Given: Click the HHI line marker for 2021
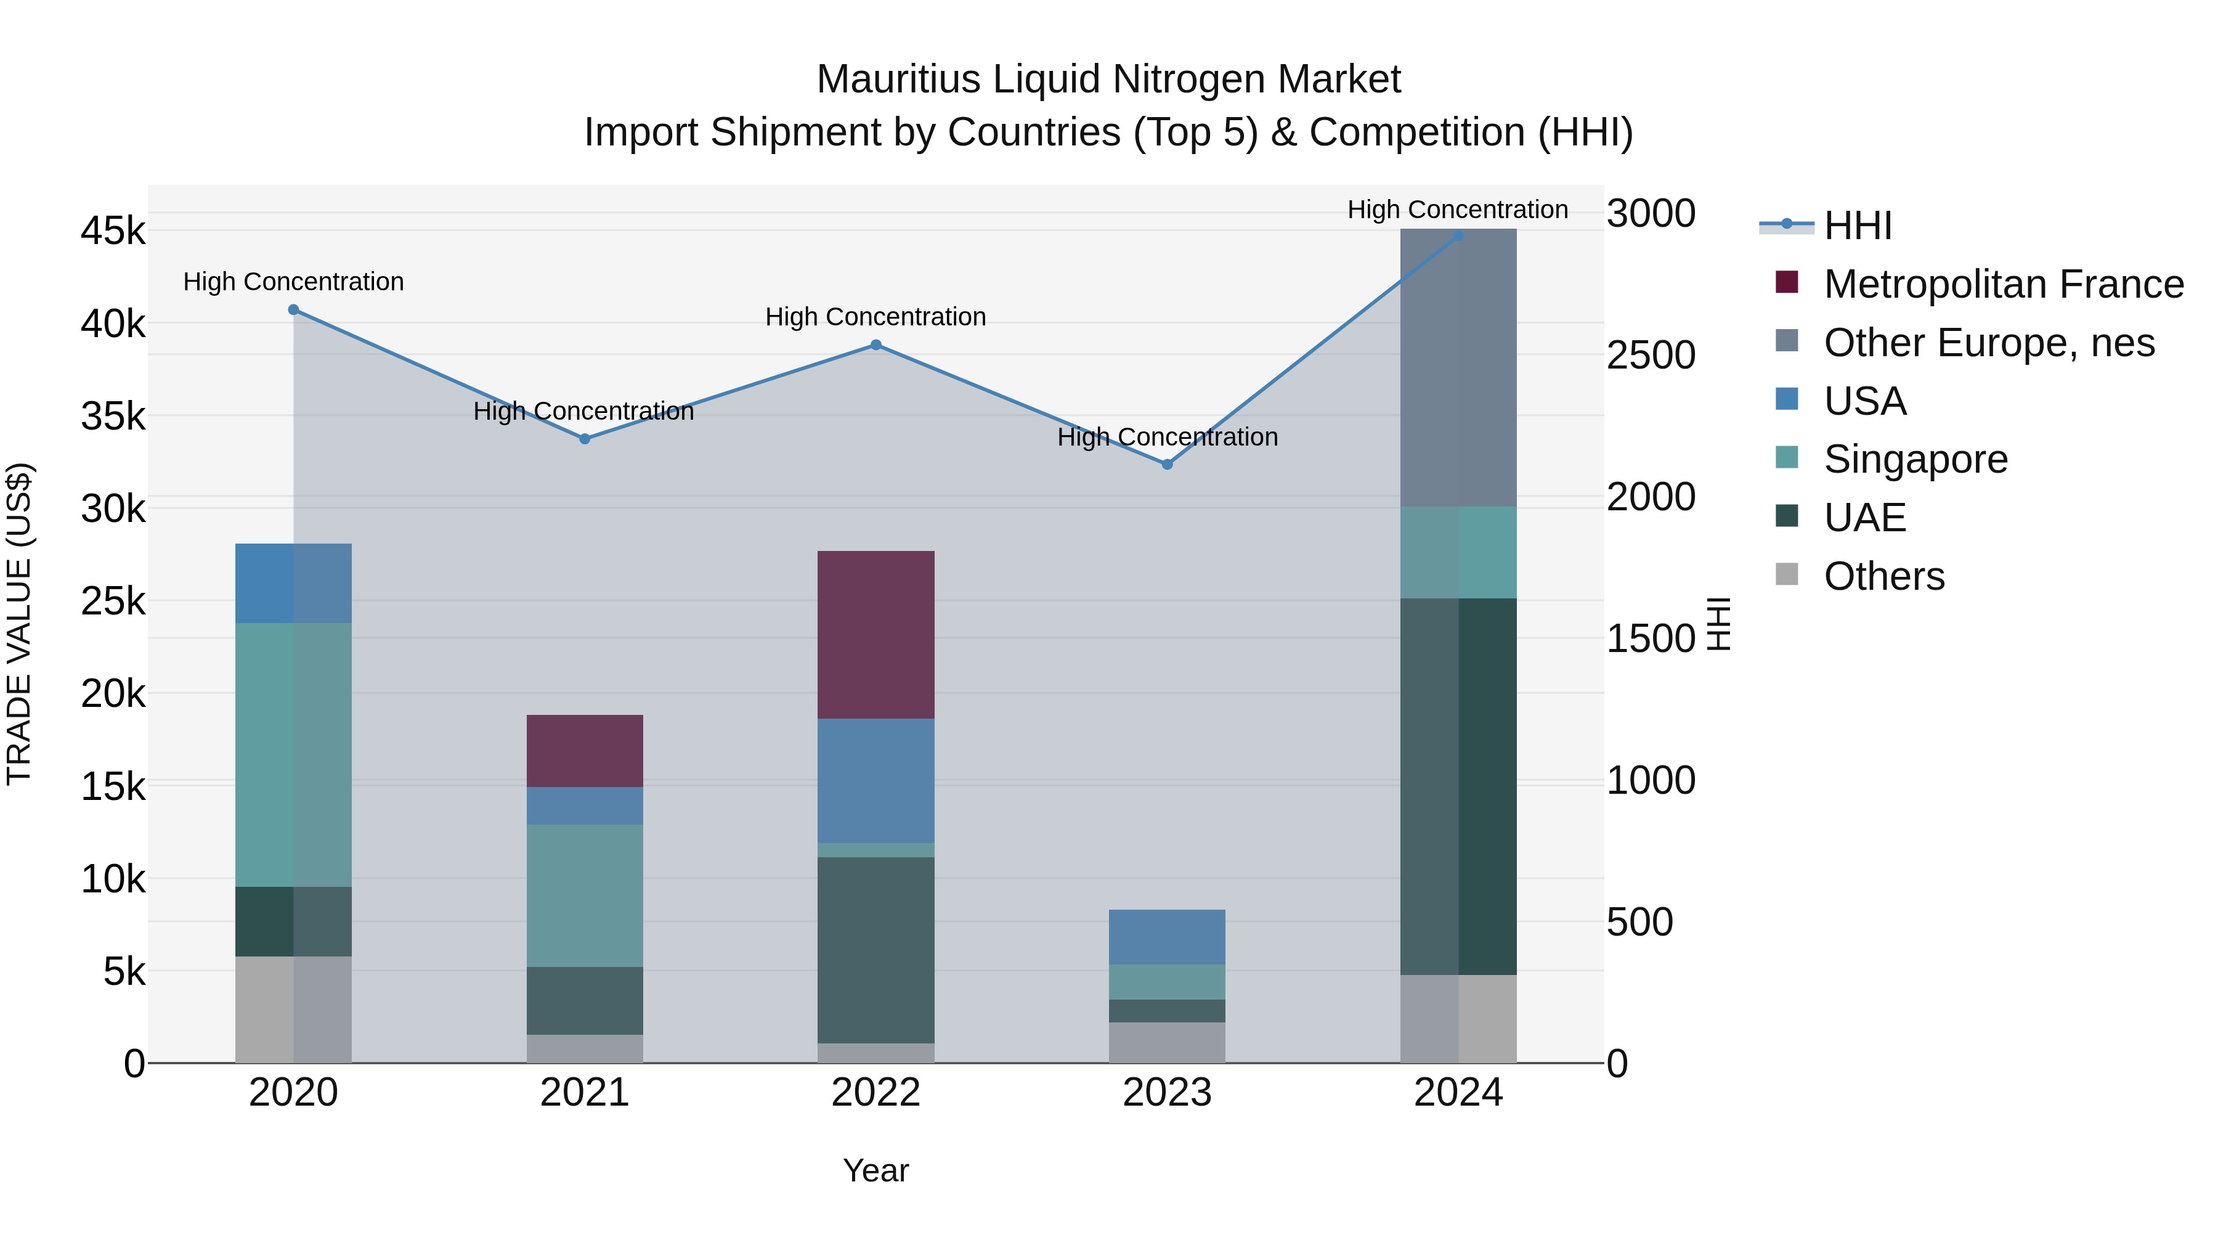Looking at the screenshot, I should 585,438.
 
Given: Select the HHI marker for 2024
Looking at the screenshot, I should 1458,235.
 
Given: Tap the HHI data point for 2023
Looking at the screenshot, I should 1167,464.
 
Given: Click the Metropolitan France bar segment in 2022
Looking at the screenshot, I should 875,635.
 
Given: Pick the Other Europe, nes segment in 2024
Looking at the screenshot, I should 1458,368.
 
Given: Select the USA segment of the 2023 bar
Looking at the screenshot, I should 1167,937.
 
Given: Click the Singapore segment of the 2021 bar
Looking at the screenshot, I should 585,895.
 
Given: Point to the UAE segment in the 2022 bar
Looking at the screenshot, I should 875,949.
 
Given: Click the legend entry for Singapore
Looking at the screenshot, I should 1914,459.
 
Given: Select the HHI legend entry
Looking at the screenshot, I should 1857,226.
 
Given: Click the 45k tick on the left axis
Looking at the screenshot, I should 113,231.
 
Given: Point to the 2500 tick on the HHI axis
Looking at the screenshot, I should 1650,355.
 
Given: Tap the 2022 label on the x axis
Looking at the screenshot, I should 875,1093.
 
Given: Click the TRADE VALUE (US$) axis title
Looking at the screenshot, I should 19,624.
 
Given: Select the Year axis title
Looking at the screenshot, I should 875,1170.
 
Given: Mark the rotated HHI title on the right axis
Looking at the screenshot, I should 1718,624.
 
